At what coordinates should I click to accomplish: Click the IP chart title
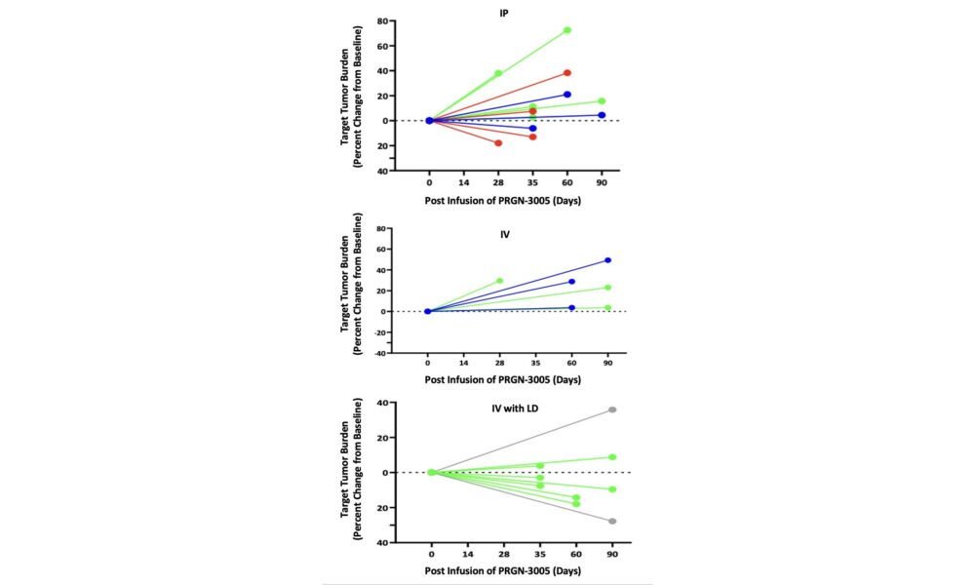[x=504, y=13]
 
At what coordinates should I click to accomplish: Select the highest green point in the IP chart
[x=567, y=30]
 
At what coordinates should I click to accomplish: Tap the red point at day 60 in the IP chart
[x=567, y=73]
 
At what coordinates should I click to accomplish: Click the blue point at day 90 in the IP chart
[x=602, y=115]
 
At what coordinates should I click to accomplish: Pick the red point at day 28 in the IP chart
[x=498, y=143]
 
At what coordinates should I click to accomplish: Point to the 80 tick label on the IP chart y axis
[x=382, y=21]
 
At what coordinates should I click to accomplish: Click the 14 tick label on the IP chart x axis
[x=464, y=182]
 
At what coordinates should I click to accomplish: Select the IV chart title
[x=505, y=234]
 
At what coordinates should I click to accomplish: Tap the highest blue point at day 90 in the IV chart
[x=607, y=260]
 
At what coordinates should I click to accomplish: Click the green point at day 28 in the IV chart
[x=500, y=281]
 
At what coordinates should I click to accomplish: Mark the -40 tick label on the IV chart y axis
[x=380, y=353]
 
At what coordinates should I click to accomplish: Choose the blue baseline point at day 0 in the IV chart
[x=428, y=311]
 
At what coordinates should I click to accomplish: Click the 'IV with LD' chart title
[x=516, y=409]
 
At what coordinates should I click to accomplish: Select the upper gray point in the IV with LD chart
[x=612, y=409]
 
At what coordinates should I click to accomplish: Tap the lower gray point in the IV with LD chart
[x=612, y=521]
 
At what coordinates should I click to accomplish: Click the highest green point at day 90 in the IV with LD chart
[x=612, y=457]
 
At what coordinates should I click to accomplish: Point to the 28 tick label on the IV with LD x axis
[x=504, y=554]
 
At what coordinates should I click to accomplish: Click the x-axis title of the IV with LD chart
[x=503, y=570]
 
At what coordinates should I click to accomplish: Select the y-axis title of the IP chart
[x=351, y=96]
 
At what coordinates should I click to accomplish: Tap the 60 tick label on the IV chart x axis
[x=572, y=363]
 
